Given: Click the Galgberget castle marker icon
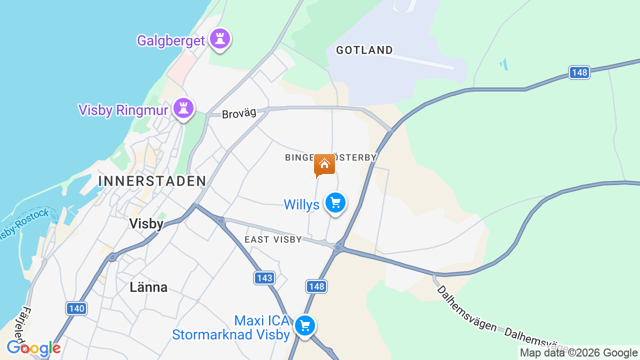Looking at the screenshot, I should click(219, 38).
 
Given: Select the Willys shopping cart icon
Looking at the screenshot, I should click(335, 203).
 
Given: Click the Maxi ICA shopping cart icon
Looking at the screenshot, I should click(304, 325).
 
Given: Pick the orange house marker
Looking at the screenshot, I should click(324, 164).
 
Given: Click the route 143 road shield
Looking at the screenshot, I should click(264, 278).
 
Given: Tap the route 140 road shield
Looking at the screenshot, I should click(76, 308).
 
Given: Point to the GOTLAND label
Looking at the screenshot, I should click(364, 50).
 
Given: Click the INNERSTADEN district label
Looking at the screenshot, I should click(152, 181).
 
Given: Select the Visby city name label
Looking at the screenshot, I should click(146, 223).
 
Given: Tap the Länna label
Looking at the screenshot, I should click(148, 287).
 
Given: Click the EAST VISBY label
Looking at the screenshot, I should click(273, 239).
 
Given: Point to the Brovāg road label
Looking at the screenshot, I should click(239, 113).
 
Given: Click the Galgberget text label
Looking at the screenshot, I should click(171, 40).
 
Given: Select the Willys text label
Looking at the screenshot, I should click(301, 204).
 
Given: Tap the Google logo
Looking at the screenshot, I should click(33, 348).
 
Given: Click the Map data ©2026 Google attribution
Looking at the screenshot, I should click(578, 353).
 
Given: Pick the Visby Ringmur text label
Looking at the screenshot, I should click(122, 110).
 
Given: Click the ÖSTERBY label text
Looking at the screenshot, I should click(356, 157).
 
